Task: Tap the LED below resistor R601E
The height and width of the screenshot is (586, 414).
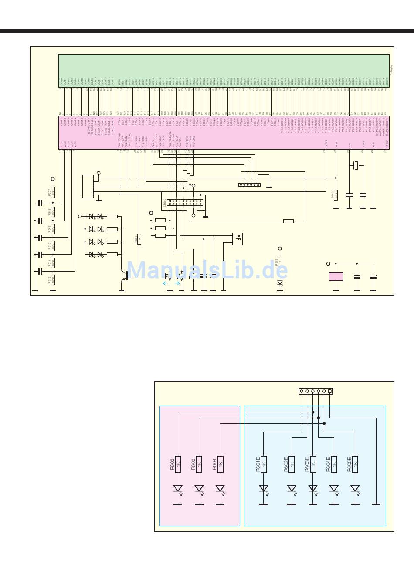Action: point(264,489)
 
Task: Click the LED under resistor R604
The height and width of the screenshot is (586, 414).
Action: point(220,489)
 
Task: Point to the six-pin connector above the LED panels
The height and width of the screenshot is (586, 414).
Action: point(316,391)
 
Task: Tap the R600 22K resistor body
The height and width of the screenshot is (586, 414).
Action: point(336,194)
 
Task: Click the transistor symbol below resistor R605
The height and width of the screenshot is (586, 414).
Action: point(125,275)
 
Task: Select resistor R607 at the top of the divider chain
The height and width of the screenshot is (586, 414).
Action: point(53,192)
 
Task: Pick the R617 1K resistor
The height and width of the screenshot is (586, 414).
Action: point(280,262)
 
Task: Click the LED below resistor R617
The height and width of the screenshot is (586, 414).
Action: point(280,282)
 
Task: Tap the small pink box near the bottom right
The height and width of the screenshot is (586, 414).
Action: point(336,276)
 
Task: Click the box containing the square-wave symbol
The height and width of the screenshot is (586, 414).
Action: point(238,238)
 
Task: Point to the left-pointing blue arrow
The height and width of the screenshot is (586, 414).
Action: point(165,283)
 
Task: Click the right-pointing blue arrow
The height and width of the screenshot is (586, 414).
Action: point(177,283)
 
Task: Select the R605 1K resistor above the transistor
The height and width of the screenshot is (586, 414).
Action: point(139,239)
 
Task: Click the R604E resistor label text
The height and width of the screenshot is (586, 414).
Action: point(328,463)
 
